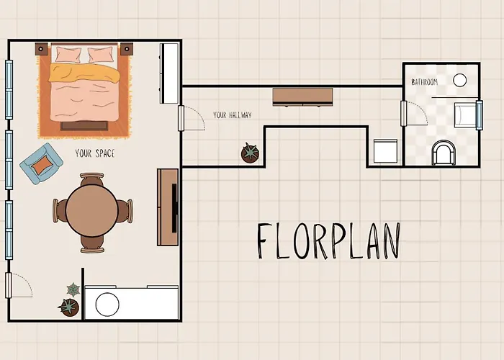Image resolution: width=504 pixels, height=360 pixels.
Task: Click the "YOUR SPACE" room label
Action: [x=95, y=153]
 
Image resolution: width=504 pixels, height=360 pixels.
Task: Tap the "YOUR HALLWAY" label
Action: [x=233, y=115]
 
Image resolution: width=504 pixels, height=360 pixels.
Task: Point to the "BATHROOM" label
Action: [x=425, y=82]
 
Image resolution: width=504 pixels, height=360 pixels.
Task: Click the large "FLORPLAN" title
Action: [x=328, y=240]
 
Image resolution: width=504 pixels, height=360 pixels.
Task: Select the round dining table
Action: [x=92, y=211]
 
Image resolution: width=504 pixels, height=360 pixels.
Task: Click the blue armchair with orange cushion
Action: [x=41, y=163]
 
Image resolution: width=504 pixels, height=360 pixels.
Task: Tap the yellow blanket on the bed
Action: [x=84, y=73]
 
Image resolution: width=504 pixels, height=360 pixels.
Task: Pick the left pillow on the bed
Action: [x=68, y=54]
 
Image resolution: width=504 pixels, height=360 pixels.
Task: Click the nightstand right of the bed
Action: [x=127, y=49]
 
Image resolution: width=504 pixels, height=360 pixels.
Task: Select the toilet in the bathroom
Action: [x=444, y=153]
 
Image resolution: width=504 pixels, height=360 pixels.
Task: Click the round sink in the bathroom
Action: [x=459, y=80]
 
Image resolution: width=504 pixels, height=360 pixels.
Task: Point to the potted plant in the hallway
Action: [x=250, y=153]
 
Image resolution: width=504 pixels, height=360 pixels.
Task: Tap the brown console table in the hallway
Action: [x=302, y=96]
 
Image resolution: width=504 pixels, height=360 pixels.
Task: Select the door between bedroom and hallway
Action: [x=181, y=118]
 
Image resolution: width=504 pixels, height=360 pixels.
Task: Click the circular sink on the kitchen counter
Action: [x=107, y=304]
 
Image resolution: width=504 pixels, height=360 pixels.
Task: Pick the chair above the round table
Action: [x=92, y=180]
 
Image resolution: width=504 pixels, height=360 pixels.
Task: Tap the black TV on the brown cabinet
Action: [x=174, y=208]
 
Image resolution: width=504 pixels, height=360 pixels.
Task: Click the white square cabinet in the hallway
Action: [x=385, y=151]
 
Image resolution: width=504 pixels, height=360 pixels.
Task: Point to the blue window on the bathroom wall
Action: [x=480, y=115]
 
